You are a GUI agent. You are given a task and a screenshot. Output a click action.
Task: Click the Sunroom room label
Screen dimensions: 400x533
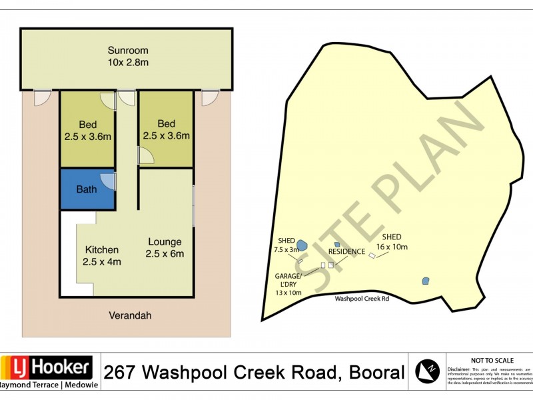click(x=128, y=56)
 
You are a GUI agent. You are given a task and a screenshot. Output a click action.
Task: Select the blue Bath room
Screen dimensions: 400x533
click(x=87, y=189)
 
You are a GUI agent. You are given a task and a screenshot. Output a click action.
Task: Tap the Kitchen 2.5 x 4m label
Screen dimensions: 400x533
click(x=102, y=256)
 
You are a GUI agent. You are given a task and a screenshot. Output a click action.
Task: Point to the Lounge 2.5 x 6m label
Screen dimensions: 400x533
click(x=165, y=247)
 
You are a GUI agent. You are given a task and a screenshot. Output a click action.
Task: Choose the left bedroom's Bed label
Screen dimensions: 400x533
click(x=87, y=130)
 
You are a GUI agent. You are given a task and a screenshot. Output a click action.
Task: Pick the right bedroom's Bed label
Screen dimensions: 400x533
click(x=166, y=129)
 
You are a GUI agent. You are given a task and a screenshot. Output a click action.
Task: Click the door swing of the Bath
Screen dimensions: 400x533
click(x=107, y=181)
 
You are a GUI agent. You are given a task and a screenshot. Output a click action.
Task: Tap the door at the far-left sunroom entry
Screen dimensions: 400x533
click(x=42, y=97)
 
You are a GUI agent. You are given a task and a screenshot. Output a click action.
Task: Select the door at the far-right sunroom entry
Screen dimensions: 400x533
click(x=211, y=97)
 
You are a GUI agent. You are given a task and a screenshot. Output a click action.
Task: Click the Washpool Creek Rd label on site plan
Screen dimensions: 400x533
click(x=362, y=299)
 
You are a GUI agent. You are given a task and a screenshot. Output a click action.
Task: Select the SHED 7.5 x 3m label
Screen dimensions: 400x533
click(x=286, y=245)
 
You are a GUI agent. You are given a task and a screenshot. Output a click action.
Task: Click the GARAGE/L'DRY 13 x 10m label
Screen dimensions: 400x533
click(x=288, y=284)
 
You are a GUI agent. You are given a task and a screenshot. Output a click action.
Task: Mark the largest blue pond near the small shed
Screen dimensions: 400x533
click(x=301, y=245)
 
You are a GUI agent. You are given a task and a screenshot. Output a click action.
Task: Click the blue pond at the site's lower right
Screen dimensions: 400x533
click(x=425, y=281)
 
